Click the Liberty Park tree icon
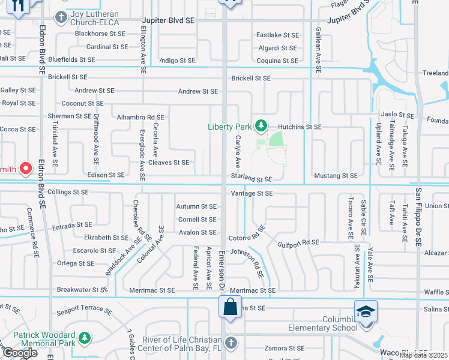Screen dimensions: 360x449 [x=261, y=125]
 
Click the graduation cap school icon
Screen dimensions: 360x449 [x=365, y=312]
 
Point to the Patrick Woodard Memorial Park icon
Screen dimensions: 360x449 [x=85, y=338]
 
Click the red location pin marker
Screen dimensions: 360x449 [x=26, y=169]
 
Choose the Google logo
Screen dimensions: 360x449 [x=19, y=353]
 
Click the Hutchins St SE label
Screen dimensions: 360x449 [x=300, y=127]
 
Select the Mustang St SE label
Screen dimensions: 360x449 [x=336, y=176]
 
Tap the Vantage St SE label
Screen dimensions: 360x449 [x=252, y=193]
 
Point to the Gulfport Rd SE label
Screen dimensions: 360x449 [x=298, y=243]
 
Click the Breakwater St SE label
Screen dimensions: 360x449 [x=82, y=289]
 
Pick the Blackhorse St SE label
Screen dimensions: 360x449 [x=100, y=34]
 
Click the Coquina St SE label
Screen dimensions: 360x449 [x=277, y=61]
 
